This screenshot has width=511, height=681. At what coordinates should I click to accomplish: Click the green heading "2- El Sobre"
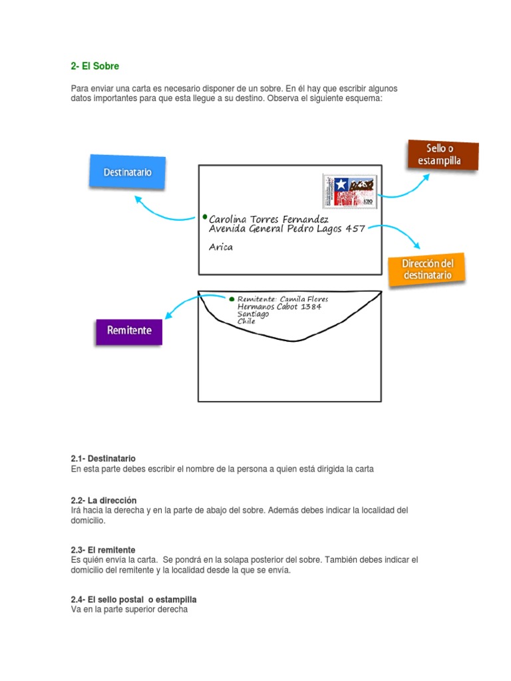pos(95,67)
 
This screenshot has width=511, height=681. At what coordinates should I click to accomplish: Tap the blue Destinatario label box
pos(127,172)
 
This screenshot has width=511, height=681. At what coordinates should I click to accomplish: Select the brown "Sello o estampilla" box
pos(442,155)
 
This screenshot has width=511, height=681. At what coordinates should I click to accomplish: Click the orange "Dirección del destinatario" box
pos(426,269)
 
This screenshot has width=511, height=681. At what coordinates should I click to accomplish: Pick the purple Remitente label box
pos(129,331)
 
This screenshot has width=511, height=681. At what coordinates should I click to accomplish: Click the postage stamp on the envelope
pos(349,191)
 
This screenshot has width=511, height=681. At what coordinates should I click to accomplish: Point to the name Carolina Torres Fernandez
pos(269,219)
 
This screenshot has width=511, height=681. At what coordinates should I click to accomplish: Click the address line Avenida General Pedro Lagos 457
pos(287,229)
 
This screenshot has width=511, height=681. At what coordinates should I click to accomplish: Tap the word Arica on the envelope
pos(221,247)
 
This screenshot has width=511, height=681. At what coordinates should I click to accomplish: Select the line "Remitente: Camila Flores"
pos(282,299)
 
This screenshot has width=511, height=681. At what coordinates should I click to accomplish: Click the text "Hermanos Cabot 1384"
pos(279,307)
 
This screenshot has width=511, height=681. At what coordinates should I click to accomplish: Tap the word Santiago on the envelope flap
pos(253,314)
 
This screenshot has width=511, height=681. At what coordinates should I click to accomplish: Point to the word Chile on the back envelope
pos(247,321)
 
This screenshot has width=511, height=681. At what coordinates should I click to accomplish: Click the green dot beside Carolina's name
pos(204,217)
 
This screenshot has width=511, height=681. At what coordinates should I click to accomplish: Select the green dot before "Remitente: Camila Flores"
pos(231,299)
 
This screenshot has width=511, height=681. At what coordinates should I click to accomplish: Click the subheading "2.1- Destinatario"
pos(103,459)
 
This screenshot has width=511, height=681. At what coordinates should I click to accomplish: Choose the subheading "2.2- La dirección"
pos(103,500)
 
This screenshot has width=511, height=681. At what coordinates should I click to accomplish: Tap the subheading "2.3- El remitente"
pos(103,550)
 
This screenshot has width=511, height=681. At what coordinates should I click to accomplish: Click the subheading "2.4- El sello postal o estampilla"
pos(134,599)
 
